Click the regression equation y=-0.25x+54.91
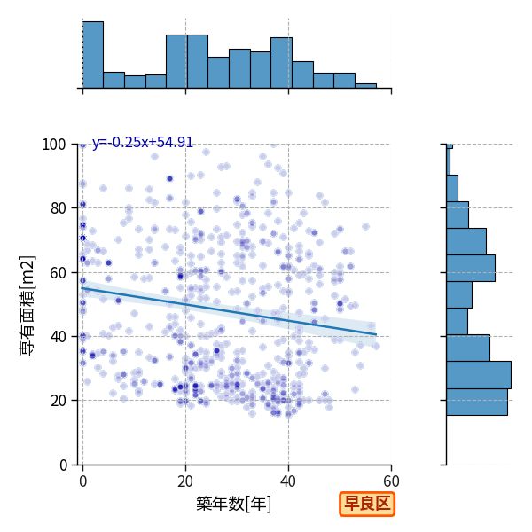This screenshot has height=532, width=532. [143, 142]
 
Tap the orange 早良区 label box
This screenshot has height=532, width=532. [367, 504]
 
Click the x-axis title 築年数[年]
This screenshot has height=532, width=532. [234, 504]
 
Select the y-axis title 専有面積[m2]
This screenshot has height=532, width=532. [27, 305]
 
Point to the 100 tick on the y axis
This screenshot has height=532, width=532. [53, 145]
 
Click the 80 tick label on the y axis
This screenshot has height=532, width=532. [58, 208]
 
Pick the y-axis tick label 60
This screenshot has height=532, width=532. [58, 273]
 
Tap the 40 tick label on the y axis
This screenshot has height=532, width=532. [58, 337]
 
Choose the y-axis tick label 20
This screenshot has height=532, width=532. [58, 401]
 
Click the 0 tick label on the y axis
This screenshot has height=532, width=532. [63, 465]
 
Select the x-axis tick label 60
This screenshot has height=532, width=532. [391, 481]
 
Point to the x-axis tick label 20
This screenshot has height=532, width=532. [185, 481]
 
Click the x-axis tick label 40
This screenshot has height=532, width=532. [288, 481]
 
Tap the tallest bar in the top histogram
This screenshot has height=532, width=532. [93, 55]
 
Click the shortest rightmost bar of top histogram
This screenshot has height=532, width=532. [365, 86]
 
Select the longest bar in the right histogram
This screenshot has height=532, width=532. [479, 375]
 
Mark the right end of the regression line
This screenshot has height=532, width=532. [376, 334]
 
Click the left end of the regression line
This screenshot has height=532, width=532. [82, 288]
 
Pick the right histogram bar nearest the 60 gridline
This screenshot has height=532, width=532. [471, 268]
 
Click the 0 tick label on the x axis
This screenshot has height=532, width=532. [82, 481]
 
